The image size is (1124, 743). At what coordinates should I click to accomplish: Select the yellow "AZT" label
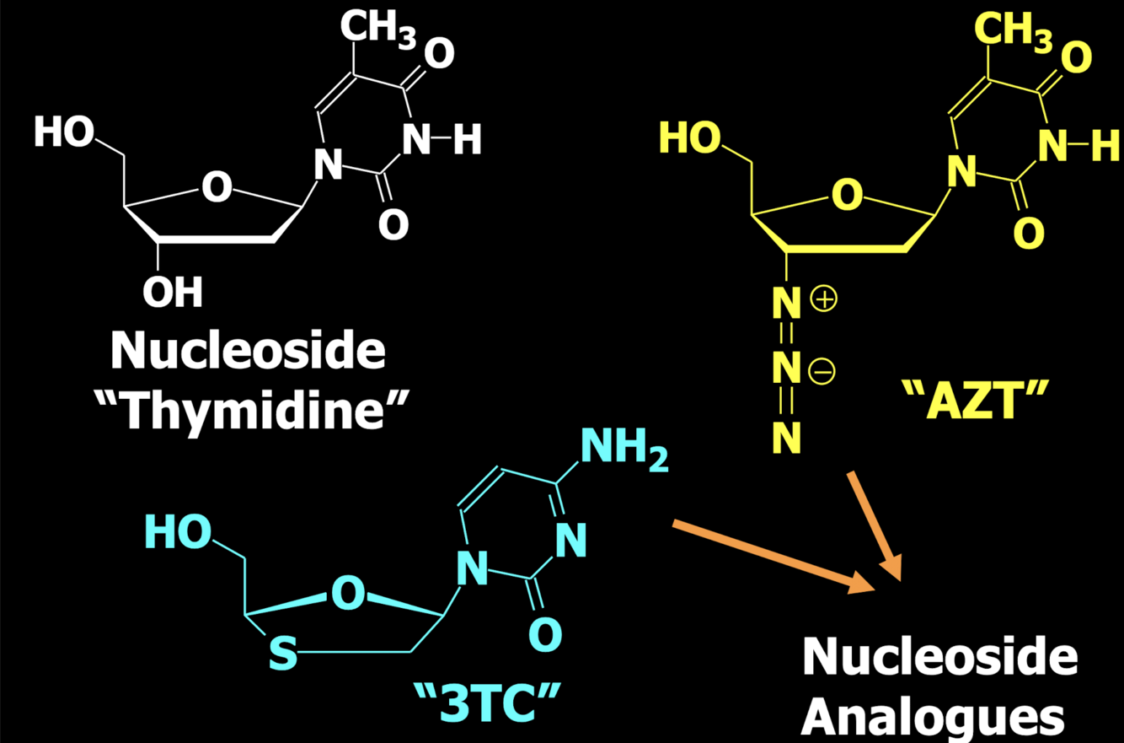[x=978, y=401]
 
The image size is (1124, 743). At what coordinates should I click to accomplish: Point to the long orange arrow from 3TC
[x=773, y=555]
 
